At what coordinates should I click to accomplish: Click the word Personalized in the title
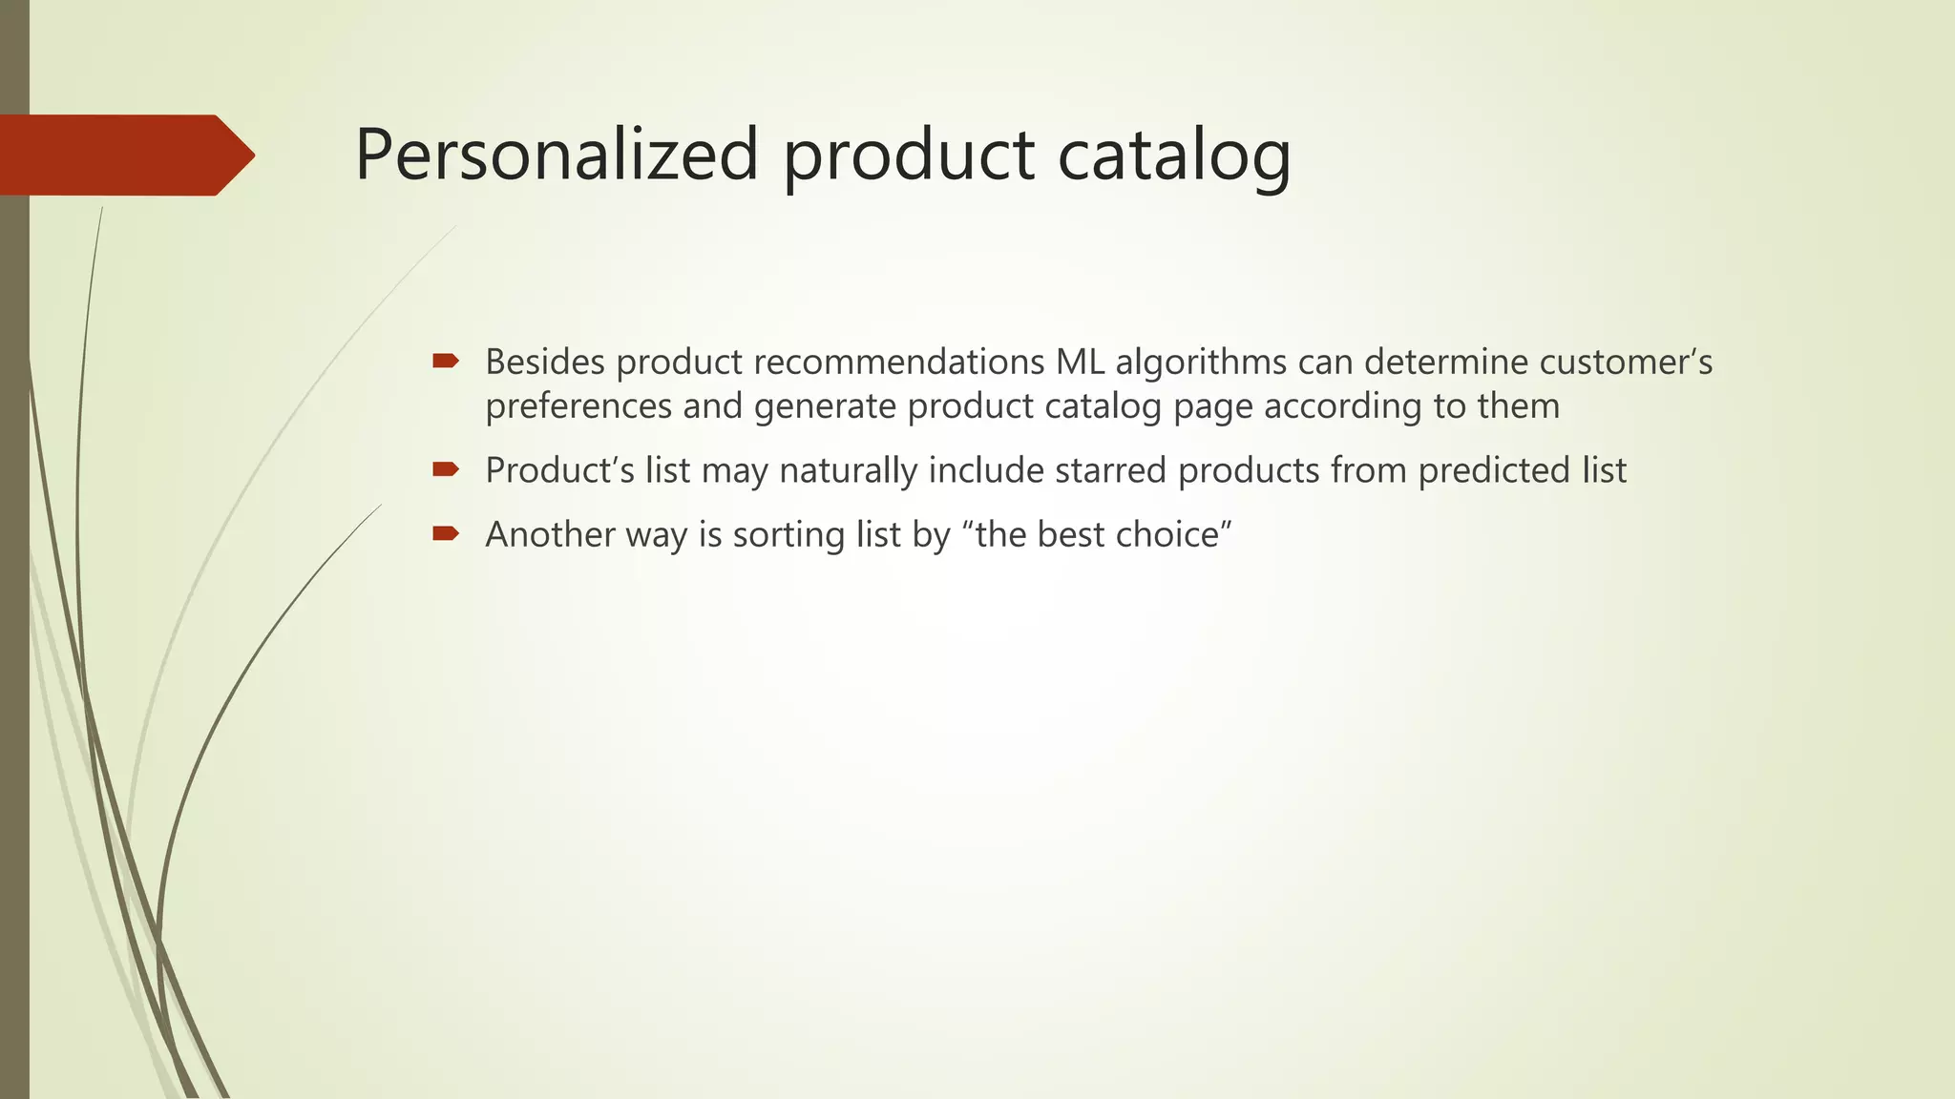556,156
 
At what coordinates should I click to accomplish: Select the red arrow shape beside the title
124,156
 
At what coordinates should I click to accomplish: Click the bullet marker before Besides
446,361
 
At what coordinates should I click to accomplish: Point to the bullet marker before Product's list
446,468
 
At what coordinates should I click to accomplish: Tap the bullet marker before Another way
446,532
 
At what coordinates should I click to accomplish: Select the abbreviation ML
1080,363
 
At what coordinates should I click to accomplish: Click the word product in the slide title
908,156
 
